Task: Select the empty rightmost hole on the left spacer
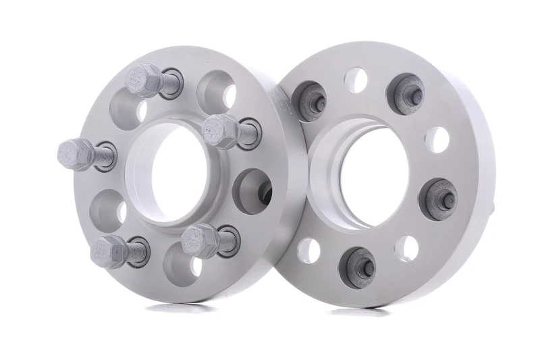coord(250,189)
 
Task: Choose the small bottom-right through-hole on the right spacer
coord(407,249)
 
